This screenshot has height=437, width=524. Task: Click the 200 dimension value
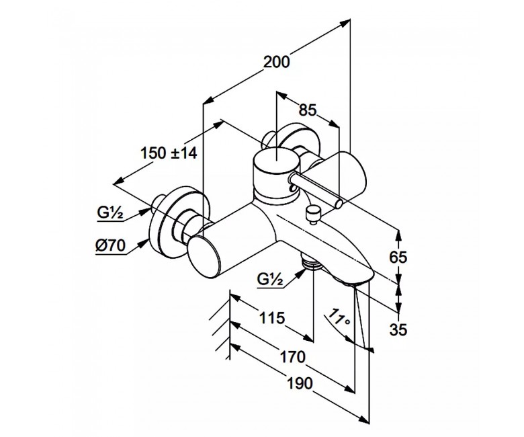[x=277, y=62]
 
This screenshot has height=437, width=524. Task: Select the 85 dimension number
[x=308, y=110]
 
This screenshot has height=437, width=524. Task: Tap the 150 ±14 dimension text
[x=169, y=153]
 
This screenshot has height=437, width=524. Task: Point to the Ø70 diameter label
[x=110, y=246]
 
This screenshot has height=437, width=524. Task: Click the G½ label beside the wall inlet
[x=110, y=212]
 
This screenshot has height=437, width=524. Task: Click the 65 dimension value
[x=398, y=257]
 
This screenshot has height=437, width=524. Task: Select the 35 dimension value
[x=398, y=329]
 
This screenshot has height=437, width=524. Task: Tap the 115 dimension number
[x=272, y=317]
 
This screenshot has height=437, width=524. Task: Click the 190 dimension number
[x=300, y=383]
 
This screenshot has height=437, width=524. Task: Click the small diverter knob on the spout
[x=313, y=215]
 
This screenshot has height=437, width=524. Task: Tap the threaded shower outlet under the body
[x=310, y=262]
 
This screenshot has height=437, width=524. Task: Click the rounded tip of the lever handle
[x=339, y=204]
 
